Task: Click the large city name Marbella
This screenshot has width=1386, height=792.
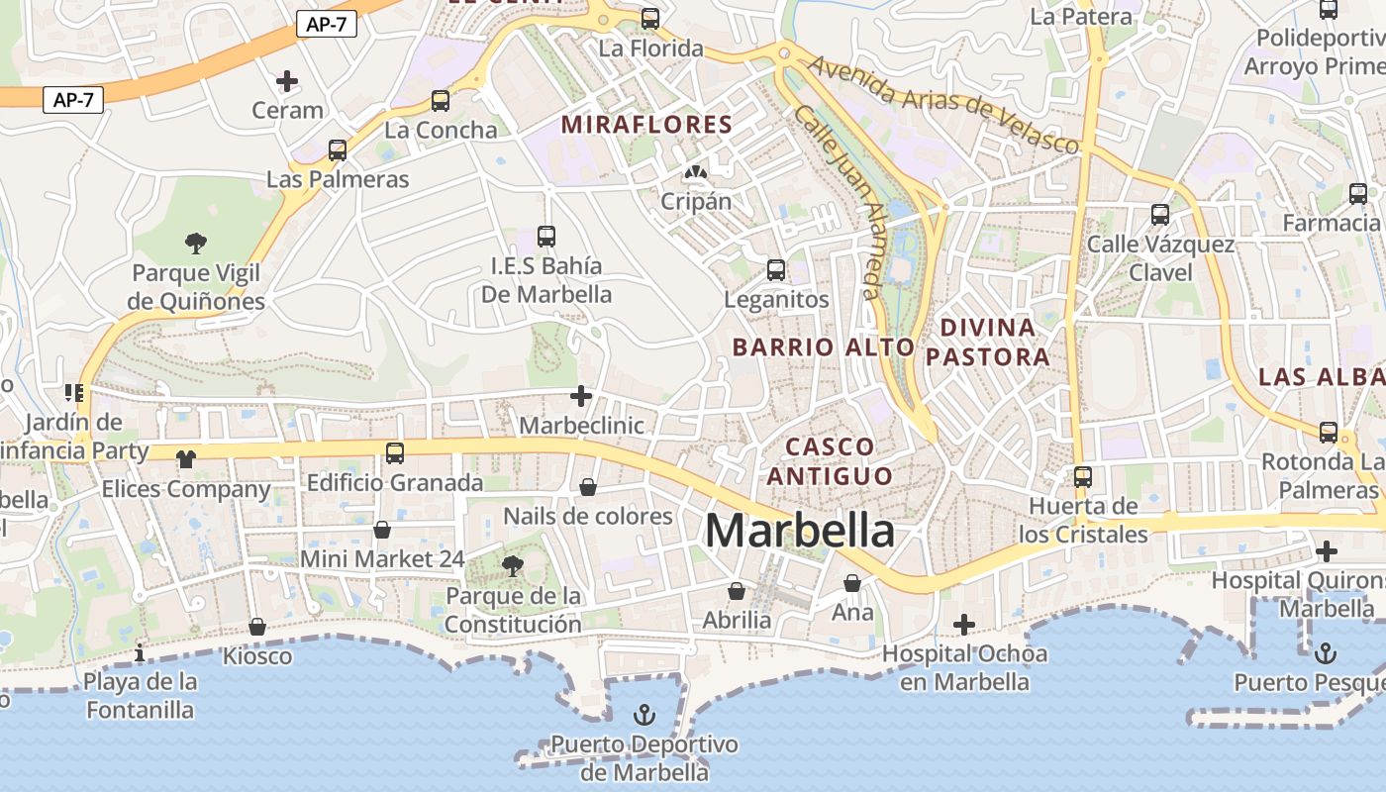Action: click(800, 532)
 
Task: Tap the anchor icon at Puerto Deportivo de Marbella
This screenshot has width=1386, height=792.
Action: click(644, 714)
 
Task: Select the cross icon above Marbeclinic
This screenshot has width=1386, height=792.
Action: click(581, 397)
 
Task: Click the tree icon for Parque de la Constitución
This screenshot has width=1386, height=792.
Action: click(512, 565)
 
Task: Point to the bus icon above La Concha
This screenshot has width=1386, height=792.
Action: click(441, 100)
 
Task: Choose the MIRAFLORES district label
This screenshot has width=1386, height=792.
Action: click(646, 125)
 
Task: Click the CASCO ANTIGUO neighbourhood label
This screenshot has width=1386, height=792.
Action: click(830, 461)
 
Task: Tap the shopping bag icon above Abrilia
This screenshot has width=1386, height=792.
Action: click(737, 591)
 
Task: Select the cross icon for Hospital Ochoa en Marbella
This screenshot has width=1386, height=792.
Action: click(963, 624)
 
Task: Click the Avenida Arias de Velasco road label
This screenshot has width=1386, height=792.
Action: click(942, 103)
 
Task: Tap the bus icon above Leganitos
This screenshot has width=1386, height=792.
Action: click(776, 269)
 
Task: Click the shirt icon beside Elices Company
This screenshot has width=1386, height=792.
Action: click(186, 458)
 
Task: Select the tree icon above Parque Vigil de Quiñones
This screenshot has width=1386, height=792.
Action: click(196, 243)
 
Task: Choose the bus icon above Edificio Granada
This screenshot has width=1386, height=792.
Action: click(395, 453)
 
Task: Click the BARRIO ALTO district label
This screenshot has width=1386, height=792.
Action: click(824, 347)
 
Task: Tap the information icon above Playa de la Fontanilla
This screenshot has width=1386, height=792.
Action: click(140, 652)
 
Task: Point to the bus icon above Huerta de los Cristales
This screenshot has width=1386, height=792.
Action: click(1083, 477)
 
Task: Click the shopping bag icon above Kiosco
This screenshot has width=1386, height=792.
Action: click(257, 627)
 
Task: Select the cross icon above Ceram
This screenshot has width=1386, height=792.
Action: click(287, 80)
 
